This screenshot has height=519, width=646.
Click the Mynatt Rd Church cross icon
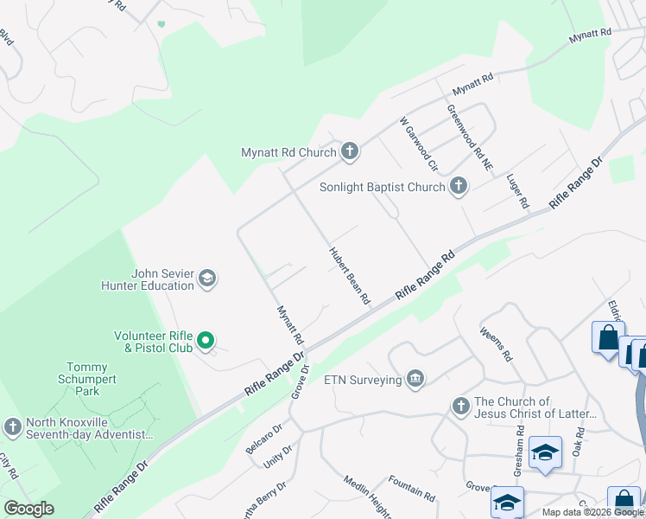click(350, 152)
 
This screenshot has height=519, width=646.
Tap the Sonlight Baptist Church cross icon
click(459, 186)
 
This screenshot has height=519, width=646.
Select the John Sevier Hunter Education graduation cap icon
click(206, 279)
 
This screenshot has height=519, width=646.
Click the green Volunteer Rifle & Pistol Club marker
click(206, 342)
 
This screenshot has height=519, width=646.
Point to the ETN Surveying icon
click(415, 380)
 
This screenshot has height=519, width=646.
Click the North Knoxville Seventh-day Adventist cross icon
click(12, 427)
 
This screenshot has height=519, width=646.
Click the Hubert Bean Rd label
click(349, 276)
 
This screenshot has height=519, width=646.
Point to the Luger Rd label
click(517, 190)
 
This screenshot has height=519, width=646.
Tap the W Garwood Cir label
click(419, 144)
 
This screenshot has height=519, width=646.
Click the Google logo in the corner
click(28, 509)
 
